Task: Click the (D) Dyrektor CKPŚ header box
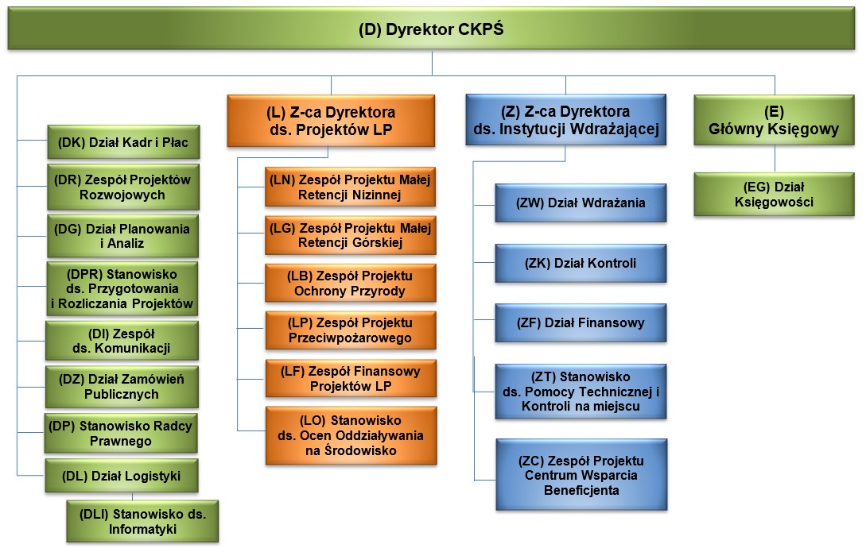click(x=431, y=29)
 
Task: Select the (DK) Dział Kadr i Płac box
click(x=123, y=142)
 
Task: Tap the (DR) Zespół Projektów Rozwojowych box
click(x=122, y=187)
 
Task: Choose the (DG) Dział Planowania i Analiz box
click(x=122, y=236)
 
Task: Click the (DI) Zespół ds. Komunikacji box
click(x=122, y=341)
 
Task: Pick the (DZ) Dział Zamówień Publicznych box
click(x=122, y=387)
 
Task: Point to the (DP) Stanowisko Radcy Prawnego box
click(x=121, y=434)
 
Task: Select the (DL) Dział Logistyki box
click(x=122, y=476)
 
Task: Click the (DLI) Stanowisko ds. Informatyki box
click(x=142, y=521)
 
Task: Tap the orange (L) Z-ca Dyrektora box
click(x=331, y=121)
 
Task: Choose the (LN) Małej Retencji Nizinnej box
click(x=350, y=187)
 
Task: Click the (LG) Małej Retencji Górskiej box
click(x=350, y=235)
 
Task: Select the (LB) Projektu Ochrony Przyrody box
click(x=350, y=283)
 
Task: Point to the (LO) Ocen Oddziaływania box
click(x=351, y=436)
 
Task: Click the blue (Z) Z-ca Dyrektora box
click(x=566, y=120)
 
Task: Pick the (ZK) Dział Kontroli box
click(x=581, y=263)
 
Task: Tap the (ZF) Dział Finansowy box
click(x=581, y=322)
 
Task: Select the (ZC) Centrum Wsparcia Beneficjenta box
click(x=581, y=475)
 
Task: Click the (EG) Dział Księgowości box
click(x=774, y=194)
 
